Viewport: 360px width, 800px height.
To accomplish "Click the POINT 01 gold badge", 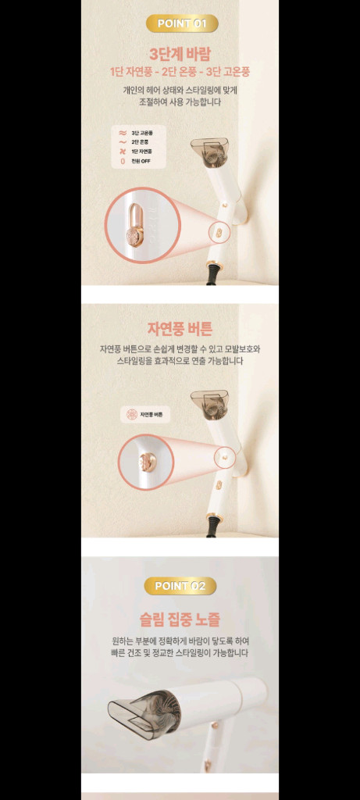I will pos(181,23).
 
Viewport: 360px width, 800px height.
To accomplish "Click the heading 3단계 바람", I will pos(180,53).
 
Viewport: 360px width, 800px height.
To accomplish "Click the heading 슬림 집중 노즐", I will pos(180,620).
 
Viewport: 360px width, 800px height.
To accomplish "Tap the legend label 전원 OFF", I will pos(141,161).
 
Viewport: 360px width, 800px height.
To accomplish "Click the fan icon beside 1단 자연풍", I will pos(122,152).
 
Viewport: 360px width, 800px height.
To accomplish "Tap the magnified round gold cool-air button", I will pos(144,462).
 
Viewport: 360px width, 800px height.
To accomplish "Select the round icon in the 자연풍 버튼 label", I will pos(132,414).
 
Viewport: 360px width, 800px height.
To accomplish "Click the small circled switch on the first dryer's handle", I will pos(219,232).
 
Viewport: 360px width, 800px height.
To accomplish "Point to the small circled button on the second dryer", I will pos(224,452).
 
